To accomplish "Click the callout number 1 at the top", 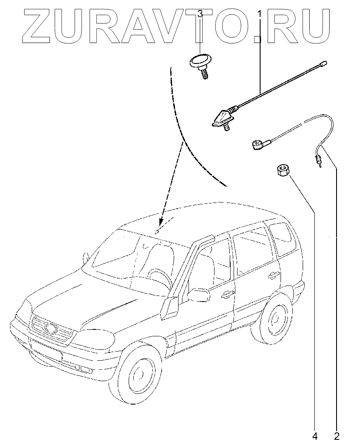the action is point(260,14).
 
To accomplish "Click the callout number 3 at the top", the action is point(200,14).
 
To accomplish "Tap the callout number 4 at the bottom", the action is point(314,435).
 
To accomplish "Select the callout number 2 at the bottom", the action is point(337,435).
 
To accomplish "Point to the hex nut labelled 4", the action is point(282,169).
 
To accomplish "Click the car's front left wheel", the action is point(138,375).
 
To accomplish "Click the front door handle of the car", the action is point(226,294).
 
